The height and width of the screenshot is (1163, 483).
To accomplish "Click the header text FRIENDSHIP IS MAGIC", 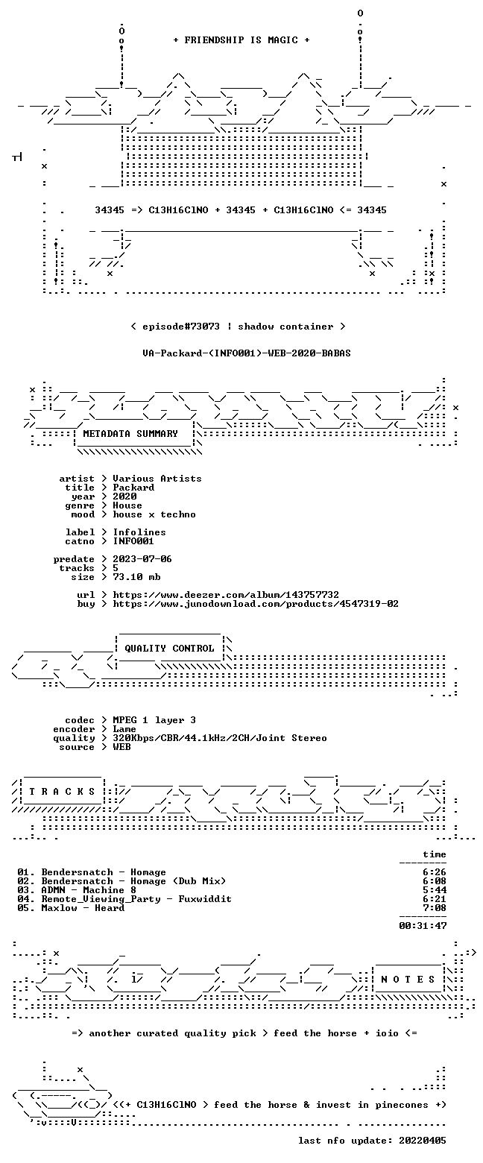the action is tap(241, 40).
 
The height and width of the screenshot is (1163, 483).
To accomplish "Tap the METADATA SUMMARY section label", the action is tap(130, 434).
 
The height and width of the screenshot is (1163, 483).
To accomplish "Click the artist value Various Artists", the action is tap(157, 479).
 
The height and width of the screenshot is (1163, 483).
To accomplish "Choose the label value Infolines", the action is tap(139, 532).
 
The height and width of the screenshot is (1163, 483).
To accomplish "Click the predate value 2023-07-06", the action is tap(142, 559).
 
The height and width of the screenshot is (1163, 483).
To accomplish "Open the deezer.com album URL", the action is tap(226, 595).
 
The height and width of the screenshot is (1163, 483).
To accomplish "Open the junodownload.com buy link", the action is tap(256, 604).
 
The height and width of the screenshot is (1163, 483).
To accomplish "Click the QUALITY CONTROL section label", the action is tap(169, 649).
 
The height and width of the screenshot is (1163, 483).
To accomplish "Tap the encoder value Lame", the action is tap(124, 729).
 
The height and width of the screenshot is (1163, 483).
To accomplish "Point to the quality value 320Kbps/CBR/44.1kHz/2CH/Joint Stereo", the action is tap(220, 738).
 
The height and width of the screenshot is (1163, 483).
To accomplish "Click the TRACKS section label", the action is tap(62, 791).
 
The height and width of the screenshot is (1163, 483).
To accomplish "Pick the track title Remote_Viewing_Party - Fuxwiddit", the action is tap(136, 899).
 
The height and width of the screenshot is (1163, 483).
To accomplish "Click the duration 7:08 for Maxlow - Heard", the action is tap(435, 907).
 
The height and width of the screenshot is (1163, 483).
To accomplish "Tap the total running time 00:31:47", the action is tap(423, 926).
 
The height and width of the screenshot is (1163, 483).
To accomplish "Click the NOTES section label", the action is tap(408, 979).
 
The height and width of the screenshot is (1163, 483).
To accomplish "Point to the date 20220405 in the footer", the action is tap(423, 1141).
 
